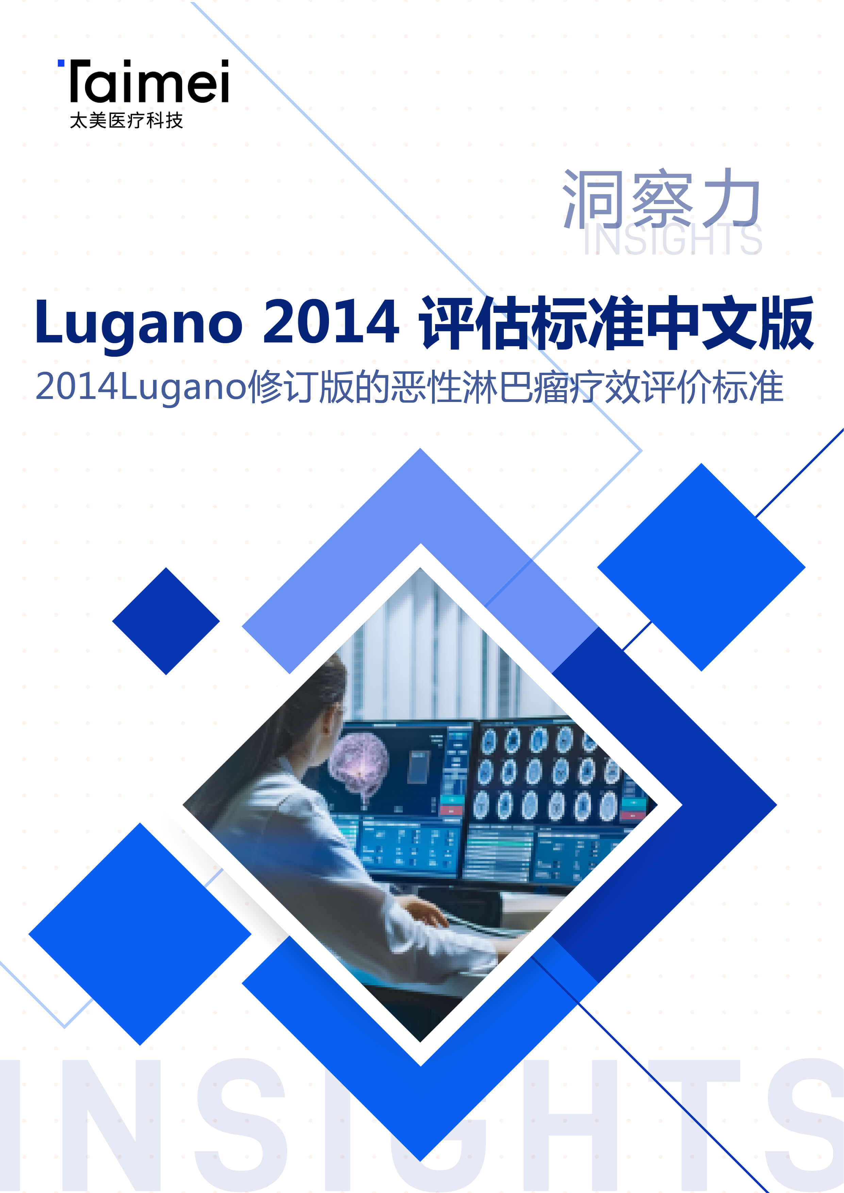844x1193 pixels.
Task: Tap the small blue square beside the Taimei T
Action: coord(61,63)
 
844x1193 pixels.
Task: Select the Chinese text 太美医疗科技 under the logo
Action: coord(126,120)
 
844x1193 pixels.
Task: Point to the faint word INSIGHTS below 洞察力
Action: coord(673,240)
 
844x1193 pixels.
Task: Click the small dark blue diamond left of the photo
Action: coord(166,621)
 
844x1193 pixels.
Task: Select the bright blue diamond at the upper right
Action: coord(701,567)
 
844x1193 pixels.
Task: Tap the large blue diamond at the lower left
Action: coord(140,934)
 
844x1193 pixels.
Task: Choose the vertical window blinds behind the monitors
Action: coord(431,655)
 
